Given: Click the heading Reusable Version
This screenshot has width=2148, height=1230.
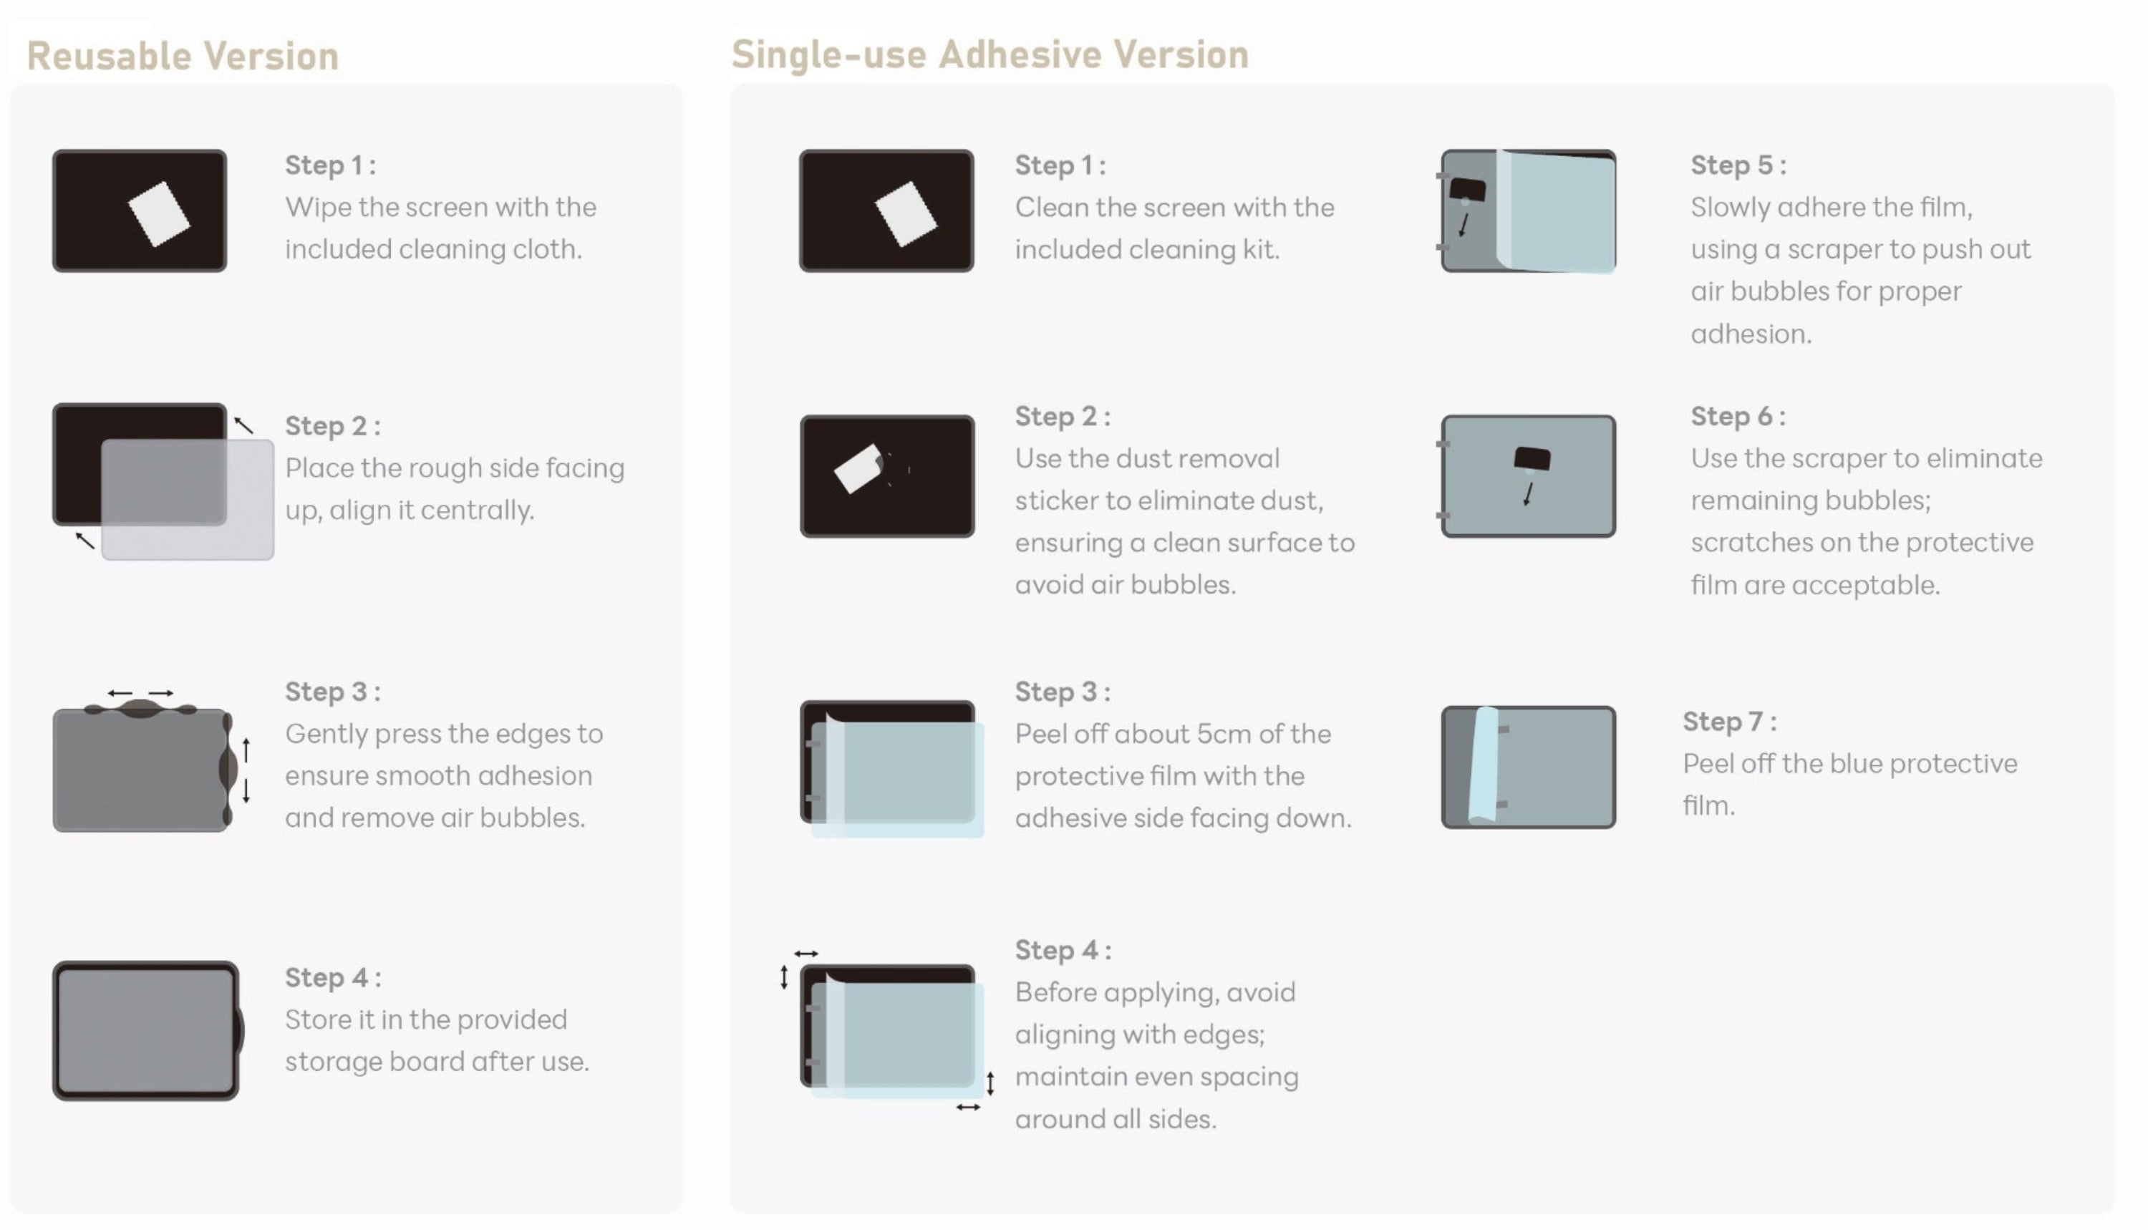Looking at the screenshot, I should [x=183, y=57].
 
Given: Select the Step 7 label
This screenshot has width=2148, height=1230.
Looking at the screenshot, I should [x=1729, y=722].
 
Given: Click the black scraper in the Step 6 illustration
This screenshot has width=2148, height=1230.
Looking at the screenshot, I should [x=1532, y=459].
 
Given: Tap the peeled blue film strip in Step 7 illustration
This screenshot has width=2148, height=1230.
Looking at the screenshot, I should [x=1484, y=765].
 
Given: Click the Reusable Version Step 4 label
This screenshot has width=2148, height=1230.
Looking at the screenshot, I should [x=333, y=978].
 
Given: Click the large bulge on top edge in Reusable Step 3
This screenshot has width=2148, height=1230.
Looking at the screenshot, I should [x=141, y=709].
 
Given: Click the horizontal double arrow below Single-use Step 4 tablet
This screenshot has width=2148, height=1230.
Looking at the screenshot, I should [x=968, y=1108].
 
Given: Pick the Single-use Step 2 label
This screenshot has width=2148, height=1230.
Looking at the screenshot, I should [x=1062, y=417].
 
